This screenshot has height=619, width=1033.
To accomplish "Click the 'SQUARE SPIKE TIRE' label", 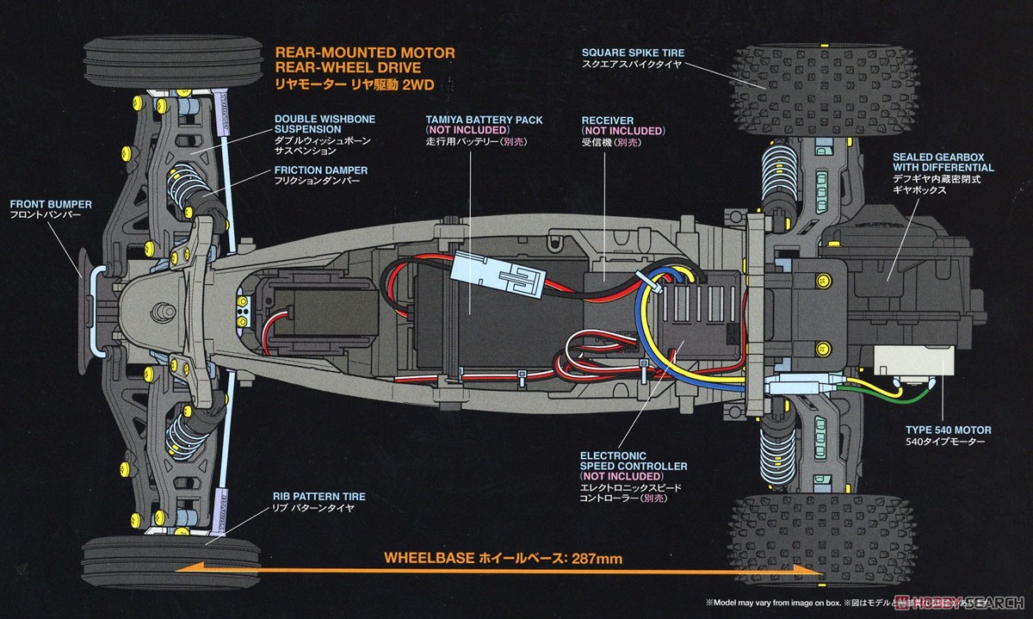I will tap(633, 53).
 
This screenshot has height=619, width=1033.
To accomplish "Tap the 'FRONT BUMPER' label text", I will tap(51, 205).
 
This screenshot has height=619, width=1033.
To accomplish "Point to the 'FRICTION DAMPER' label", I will tap(321, 170).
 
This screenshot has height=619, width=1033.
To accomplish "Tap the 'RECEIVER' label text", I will tap(608, 120).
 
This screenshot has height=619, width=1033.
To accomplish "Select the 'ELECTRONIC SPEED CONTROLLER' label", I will tap(634, 466).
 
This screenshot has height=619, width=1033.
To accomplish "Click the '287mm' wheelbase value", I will tap(596, 559).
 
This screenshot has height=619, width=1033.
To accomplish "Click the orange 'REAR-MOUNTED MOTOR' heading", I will tap(365, 53).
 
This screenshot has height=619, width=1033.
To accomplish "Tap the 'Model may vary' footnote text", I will tap(758, 604).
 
